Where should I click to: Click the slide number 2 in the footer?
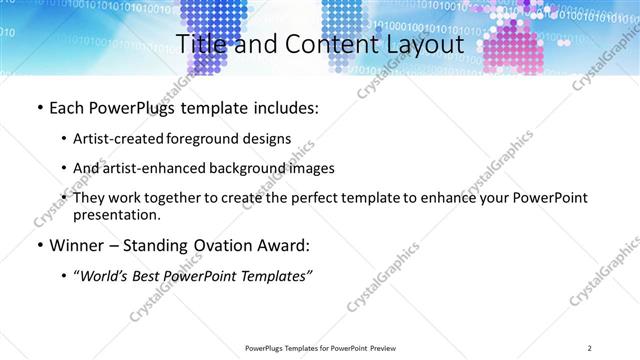click(x=590, y=347)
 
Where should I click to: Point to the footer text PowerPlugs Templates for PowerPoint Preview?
click(x=319, y=347)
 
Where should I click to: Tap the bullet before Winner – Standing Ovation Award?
click(x=39, y=245)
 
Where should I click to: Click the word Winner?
click(x=75, y=245)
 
